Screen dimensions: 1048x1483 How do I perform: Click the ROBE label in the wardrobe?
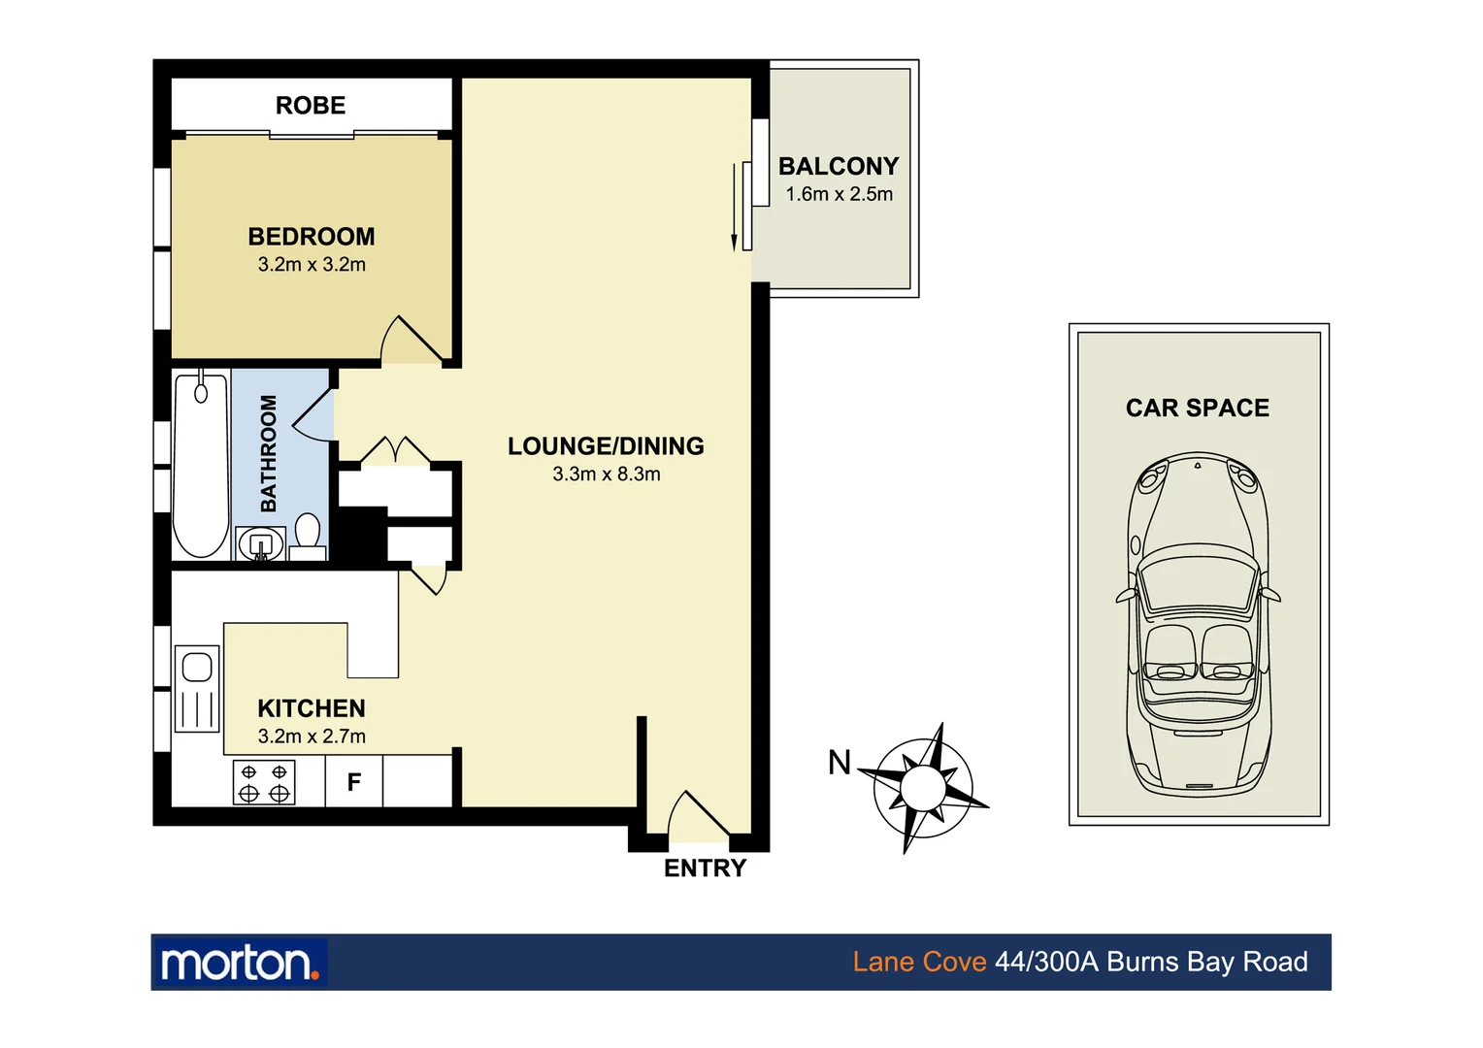click(x=311, y=105)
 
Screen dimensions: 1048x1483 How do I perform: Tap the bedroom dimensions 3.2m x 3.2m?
click(x=312, y=265)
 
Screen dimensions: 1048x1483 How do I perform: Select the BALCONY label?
click(x=839, y=166)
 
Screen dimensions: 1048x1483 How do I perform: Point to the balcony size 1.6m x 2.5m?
click(x=839, y=194)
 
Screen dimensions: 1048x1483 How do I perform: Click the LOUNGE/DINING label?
click(x=606, y=446)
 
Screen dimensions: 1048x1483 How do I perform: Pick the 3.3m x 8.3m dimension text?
click(x=606, y=475)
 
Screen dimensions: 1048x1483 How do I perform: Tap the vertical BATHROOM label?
click(x=269, y=453)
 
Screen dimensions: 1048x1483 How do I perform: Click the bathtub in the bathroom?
click(x=201, y=466)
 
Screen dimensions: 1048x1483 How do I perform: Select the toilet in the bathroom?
click(x=308, y=536)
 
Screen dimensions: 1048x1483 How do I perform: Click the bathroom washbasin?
click(x=260, y=543)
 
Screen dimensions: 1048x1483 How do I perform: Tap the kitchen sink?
click(x=197, y=689)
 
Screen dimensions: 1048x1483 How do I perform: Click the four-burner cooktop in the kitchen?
click(x=264, y=782)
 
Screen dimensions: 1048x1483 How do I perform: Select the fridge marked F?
click(x=354, y=781)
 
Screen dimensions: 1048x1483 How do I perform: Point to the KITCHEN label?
click(x=312, y=708)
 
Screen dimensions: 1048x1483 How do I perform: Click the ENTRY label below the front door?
click(x=705, y=868)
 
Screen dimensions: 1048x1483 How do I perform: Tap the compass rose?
click(x=922, y=787)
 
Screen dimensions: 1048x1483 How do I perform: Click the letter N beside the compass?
click(x=840, y=764)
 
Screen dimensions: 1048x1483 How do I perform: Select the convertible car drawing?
click(x=1198, y=621)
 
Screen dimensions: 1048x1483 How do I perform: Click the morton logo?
click(x=239, y=963)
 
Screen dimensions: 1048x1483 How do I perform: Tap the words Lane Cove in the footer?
click(x=919, y=963)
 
